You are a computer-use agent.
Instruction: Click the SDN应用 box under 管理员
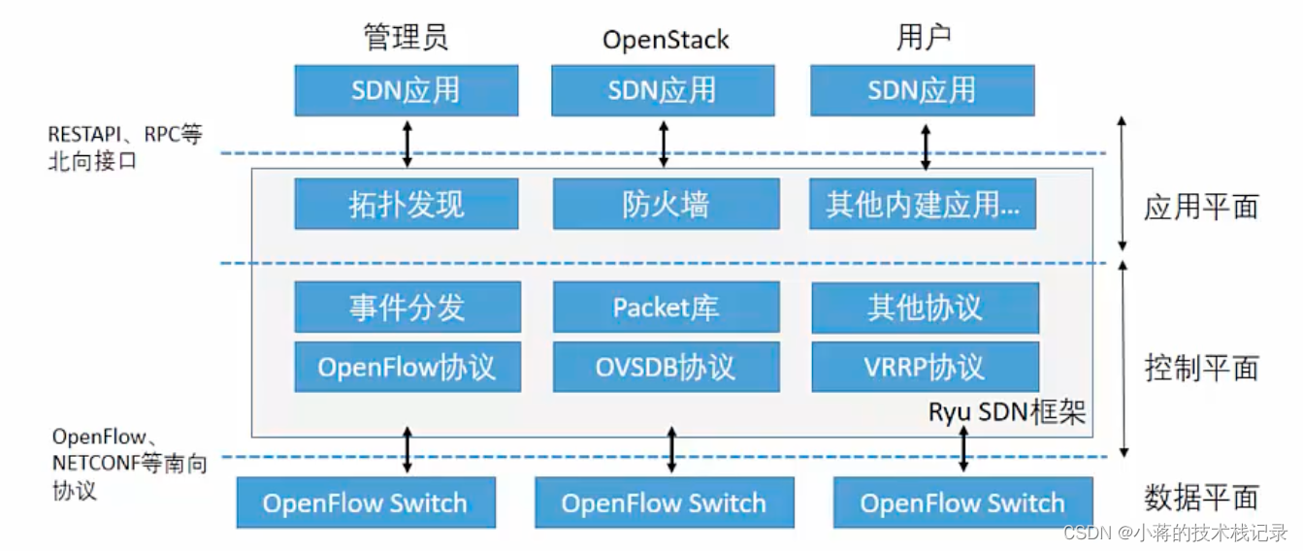pos(406,90)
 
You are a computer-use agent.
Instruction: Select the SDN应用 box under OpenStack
pos(663,90)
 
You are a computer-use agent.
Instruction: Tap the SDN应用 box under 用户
pos(922,90)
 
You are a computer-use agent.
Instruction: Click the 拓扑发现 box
pos(407,204)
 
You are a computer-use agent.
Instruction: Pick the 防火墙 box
pos(666,204)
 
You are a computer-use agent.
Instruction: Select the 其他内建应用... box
pos(923,204)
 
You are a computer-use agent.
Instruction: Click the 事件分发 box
pos(407,307)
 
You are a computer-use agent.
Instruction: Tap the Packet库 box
pos(666,307)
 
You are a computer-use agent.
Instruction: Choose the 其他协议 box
pos(925,307)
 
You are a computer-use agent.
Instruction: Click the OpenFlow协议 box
pos(407,366)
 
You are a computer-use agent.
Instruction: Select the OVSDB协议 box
pos(666,366)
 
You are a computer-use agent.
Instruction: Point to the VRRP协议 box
pos(925,366)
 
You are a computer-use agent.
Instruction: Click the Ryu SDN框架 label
pos(1006,412)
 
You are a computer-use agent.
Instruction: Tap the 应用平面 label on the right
pos(1201,207)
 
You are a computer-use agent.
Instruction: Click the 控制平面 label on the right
pos(1201,368)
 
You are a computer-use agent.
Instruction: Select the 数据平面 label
pos(1201,498)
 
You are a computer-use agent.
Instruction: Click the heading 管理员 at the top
pos(406,38)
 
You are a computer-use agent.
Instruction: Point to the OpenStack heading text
pos(666,40)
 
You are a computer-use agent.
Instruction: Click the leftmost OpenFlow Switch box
pos(366,502)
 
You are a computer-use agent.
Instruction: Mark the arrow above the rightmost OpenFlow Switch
pos(963,449)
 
